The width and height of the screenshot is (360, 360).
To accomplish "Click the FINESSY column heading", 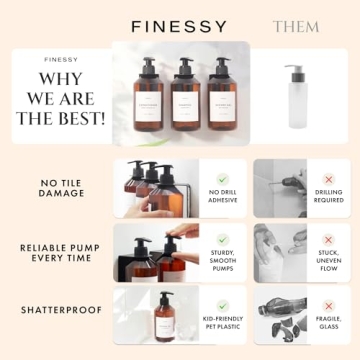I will point(179,25).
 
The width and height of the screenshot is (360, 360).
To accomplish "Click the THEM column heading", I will point(296,25).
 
